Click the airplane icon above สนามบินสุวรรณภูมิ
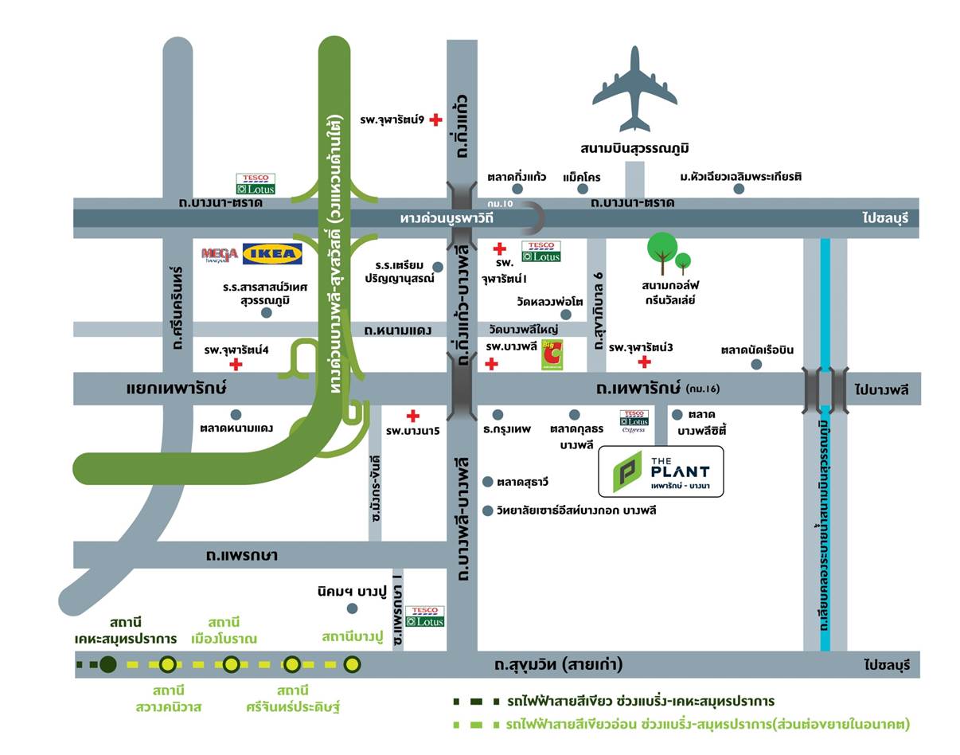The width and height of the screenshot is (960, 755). pyautogui.click(x=634, y=89)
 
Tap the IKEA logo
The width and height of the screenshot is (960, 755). pyautogui.click(x=272, y=253)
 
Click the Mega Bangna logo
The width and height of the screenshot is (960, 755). pyautogui.click(x=220, y=254)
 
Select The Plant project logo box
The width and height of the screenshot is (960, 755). pyautogui.click(x=661, y=471)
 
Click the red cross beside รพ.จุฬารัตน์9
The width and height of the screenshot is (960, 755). pyautogui.click(x=435, y=120)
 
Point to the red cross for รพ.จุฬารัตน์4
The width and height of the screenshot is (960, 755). pyautogui.click(x=236, y=365)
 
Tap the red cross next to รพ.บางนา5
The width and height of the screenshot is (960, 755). pyautogui.click(x=412, y=416)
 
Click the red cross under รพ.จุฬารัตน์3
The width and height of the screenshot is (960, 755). pyautogui.click(x=644, y=362)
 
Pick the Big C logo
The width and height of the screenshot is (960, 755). pyautogui.click(x=552, y=355)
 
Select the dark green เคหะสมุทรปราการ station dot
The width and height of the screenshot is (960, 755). pyautogui.click(x=108, y=663)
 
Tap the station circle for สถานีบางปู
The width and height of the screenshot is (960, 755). pyautogui.click(x=352, y=663)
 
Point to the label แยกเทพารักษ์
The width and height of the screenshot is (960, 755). pyautogui.click(x=177, y=389)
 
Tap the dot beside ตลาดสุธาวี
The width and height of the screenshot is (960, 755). pyautogui.click(x=488, y=482)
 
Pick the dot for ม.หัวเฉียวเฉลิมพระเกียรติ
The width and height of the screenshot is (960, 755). pyautogui.click(x=739, y=189)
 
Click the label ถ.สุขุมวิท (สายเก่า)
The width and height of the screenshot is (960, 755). pyautogui.click(x=558, y=664)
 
